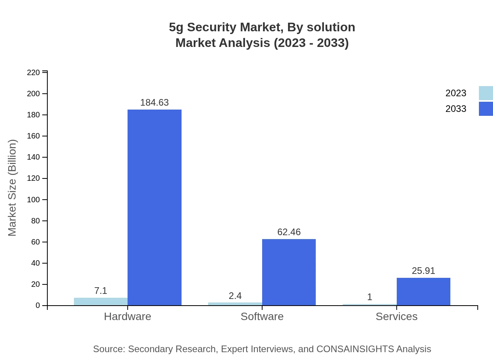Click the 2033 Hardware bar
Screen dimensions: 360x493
pos(155,207)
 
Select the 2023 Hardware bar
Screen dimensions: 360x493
pos(101,301)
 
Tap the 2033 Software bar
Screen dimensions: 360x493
pos(289,272)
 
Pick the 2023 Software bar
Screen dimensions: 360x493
pos(235,304)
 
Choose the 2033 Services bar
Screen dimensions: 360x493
pos(423,292)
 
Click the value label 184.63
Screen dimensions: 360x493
pos(155,103)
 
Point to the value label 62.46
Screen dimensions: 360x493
pos(289,232)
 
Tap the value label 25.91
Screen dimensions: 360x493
pos(423,271)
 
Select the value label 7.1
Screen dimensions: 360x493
pos(101,291)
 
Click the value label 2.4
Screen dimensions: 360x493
pos(235,296)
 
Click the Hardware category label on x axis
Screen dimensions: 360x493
pos(128,316)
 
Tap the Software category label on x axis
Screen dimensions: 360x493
pos(262,316)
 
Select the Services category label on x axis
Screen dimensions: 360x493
pos(396,316)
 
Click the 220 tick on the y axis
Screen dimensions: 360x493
pos(33,72)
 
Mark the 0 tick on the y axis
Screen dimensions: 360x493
pos(38,305)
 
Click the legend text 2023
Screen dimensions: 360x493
pos(456,93)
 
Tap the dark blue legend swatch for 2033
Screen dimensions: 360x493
pos(486,109)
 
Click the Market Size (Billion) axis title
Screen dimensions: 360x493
pos(13,188)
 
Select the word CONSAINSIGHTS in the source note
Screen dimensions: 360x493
pos(355,349)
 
